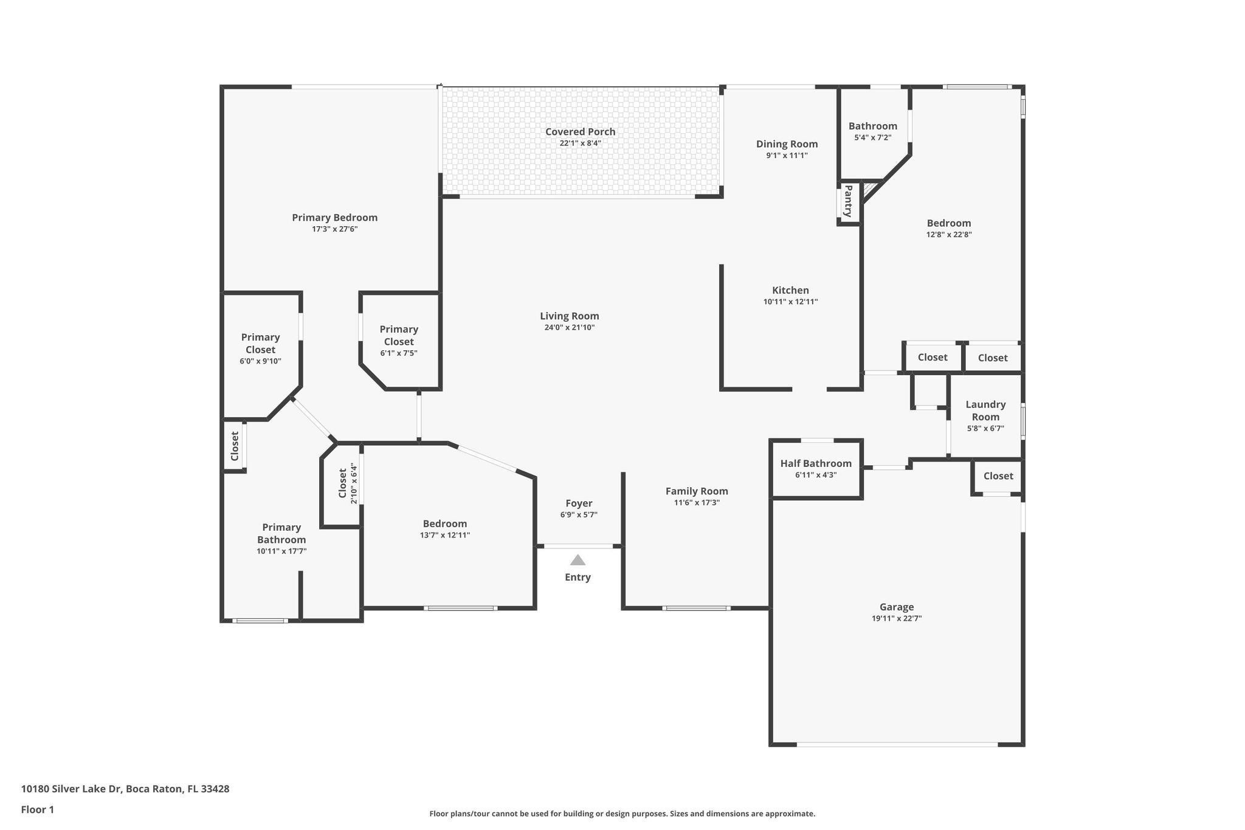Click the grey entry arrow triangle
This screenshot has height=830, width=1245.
click(x=578, y=560)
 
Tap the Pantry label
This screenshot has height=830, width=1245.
click(x=848, y=201)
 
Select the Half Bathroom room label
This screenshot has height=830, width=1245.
click(x=816, y=463)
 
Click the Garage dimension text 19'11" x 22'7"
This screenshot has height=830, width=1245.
click(x=896, y=618)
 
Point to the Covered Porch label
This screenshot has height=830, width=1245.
click(x=580, y=131)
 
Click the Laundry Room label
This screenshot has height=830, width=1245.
click(x=985, y=410)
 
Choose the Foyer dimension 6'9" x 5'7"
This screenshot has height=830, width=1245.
click(x=579, y=515)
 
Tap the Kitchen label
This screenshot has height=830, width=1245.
click(x=790, y=290)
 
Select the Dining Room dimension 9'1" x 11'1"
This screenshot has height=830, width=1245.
click(x=787, y=156)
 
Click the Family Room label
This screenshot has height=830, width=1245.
click(x=697, y=491)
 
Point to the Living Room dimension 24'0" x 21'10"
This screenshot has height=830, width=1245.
click(x=569, y=328)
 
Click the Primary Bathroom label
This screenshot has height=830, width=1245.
click(x=281, y=533)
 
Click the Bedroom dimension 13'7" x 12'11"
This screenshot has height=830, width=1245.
click(x=445, y=536)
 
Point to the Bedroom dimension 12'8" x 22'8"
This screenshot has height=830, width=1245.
click(x=949, y=235)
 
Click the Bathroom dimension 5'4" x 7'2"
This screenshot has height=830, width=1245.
click(x=873, y=138)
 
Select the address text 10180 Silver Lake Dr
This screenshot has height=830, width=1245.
click(x=72, y=789)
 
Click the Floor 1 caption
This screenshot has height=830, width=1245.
click(x=38, y=809)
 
